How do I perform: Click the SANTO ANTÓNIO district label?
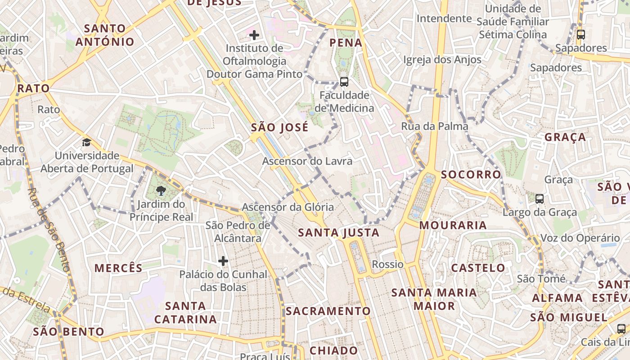105,35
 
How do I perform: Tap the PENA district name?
346,43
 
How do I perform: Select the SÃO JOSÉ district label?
279,127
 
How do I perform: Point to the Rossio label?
388,264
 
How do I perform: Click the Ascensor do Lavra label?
307,161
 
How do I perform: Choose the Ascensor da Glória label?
288,207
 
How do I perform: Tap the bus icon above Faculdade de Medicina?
344,81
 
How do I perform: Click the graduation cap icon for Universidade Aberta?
86,142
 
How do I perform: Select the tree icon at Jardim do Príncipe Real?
161,191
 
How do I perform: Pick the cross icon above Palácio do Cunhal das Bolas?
223,261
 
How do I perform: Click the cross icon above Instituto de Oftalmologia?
254,35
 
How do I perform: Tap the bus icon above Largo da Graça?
539,198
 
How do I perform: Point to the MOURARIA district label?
453,225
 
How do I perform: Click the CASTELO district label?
478,268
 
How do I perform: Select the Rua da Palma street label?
435,126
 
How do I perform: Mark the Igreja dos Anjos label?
442,60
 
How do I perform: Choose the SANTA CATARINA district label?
185,312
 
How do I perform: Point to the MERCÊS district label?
118,268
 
